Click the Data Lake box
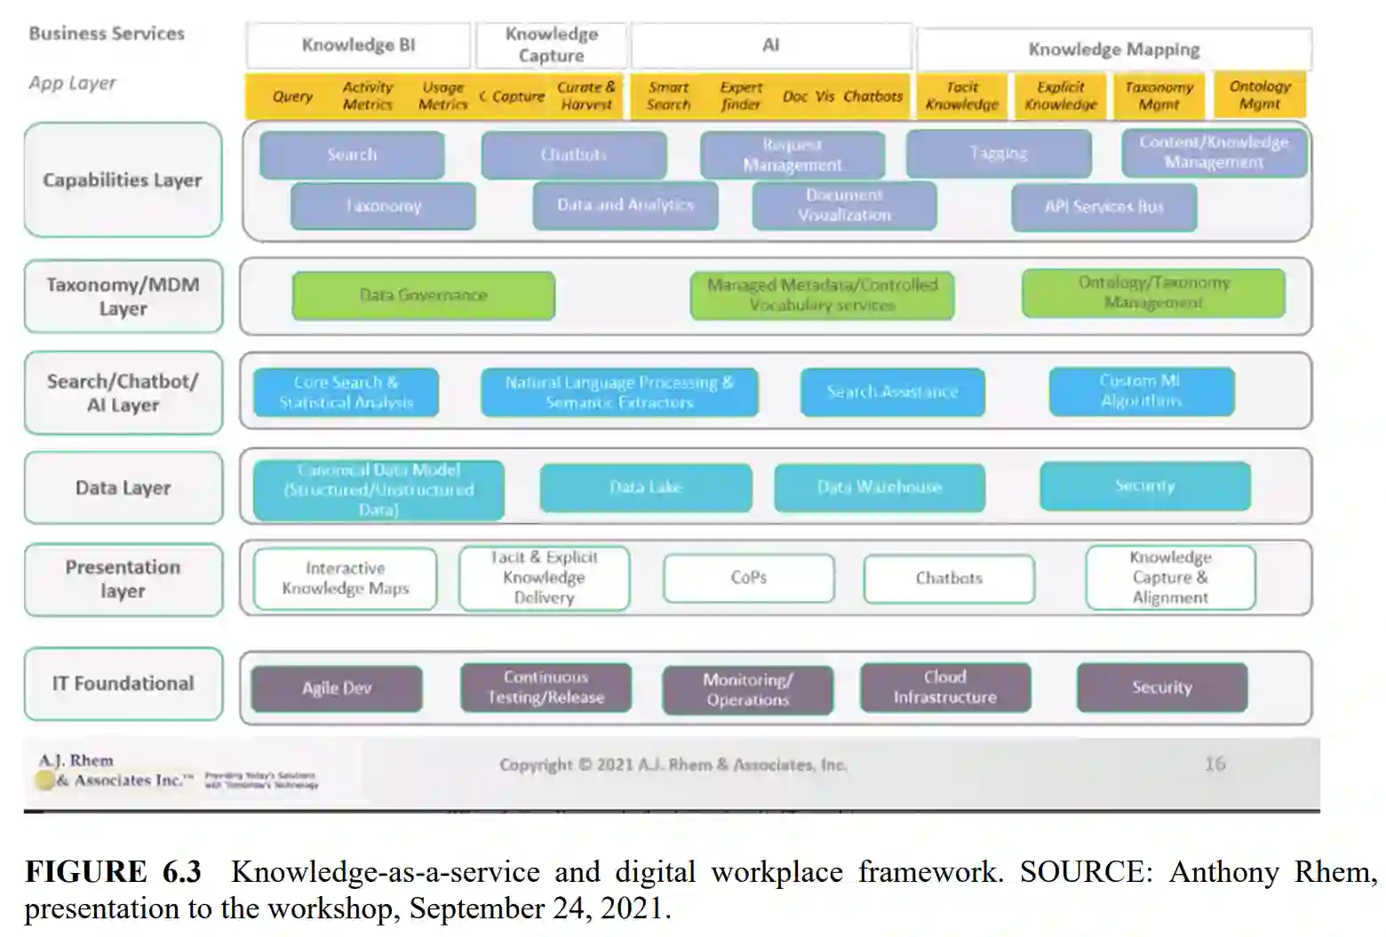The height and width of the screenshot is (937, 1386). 646,487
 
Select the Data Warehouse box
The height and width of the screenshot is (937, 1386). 879,487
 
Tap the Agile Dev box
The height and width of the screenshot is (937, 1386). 337,688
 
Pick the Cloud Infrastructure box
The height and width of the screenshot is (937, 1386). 944,687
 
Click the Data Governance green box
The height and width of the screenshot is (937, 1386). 423,295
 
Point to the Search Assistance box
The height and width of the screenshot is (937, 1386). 892,392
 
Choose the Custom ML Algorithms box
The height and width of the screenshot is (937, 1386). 1141,391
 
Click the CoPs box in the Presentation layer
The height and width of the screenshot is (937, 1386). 748,578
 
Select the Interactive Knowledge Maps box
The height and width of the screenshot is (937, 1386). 345,579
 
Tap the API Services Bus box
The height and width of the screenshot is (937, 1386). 1103,207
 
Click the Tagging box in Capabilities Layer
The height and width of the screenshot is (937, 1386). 999,154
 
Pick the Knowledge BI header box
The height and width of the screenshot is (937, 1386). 358,45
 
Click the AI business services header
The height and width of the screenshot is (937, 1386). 770,45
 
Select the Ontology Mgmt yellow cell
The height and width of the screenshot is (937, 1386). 1259,95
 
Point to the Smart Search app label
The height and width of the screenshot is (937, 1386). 668,96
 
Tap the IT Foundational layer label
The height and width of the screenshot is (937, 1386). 123,684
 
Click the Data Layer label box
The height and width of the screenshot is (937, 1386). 123,488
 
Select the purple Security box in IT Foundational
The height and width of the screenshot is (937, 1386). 1161,687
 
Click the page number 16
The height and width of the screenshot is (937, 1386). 1215,764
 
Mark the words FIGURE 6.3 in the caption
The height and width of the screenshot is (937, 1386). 113,872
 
